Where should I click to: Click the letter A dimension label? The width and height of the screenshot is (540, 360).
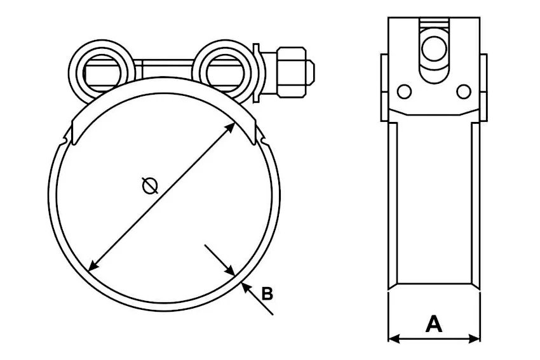tap(433, 324)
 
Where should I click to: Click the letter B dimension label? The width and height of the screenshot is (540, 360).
tap(267, 293)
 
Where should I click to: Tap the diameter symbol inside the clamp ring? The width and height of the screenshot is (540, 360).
tap(150, 185)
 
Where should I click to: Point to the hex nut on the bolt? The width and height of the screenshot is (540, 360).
tap(292, 72)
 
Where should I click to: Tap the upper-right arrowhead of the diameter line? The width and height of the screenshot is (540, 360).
tap(230, 128)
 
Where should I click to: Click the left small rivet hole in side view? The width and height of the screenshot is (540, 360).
tap(404, 91)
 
